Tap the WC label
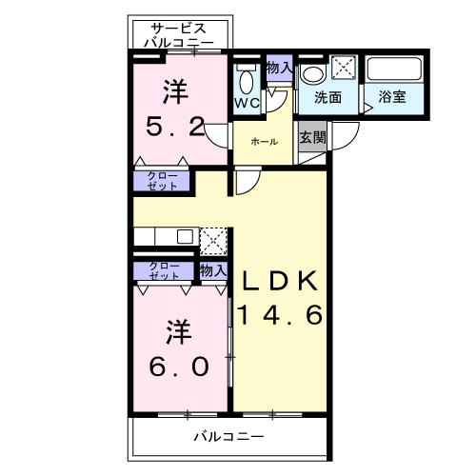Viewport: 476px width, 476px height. (247, 103)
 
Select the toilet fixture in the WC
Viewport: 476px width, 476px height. (247, 79)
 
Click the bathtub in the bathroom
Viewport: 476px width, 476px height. (394, 69)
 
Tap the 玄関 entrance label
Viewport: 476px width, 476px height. (312, 136)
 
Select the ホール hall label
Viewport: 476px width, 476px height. (264, 142)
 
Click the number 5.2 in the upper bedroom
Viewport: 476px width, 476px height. (176, 127)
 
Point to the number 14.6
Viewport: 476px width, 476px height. (282, 315)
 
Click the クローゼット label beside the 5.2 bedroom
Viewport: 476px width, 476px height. (162, 180)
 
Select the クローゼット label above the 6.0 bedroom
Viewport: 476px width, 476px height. (164, 270)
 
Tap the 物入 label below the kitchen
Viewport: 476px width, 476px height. (212, 271)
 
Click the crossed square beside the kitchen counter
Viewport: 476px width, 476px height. (214, 239)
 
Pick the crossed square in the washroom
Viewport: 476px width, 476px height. (343, 69)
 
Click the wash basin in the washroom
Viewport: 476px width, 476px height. (312, 74)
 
